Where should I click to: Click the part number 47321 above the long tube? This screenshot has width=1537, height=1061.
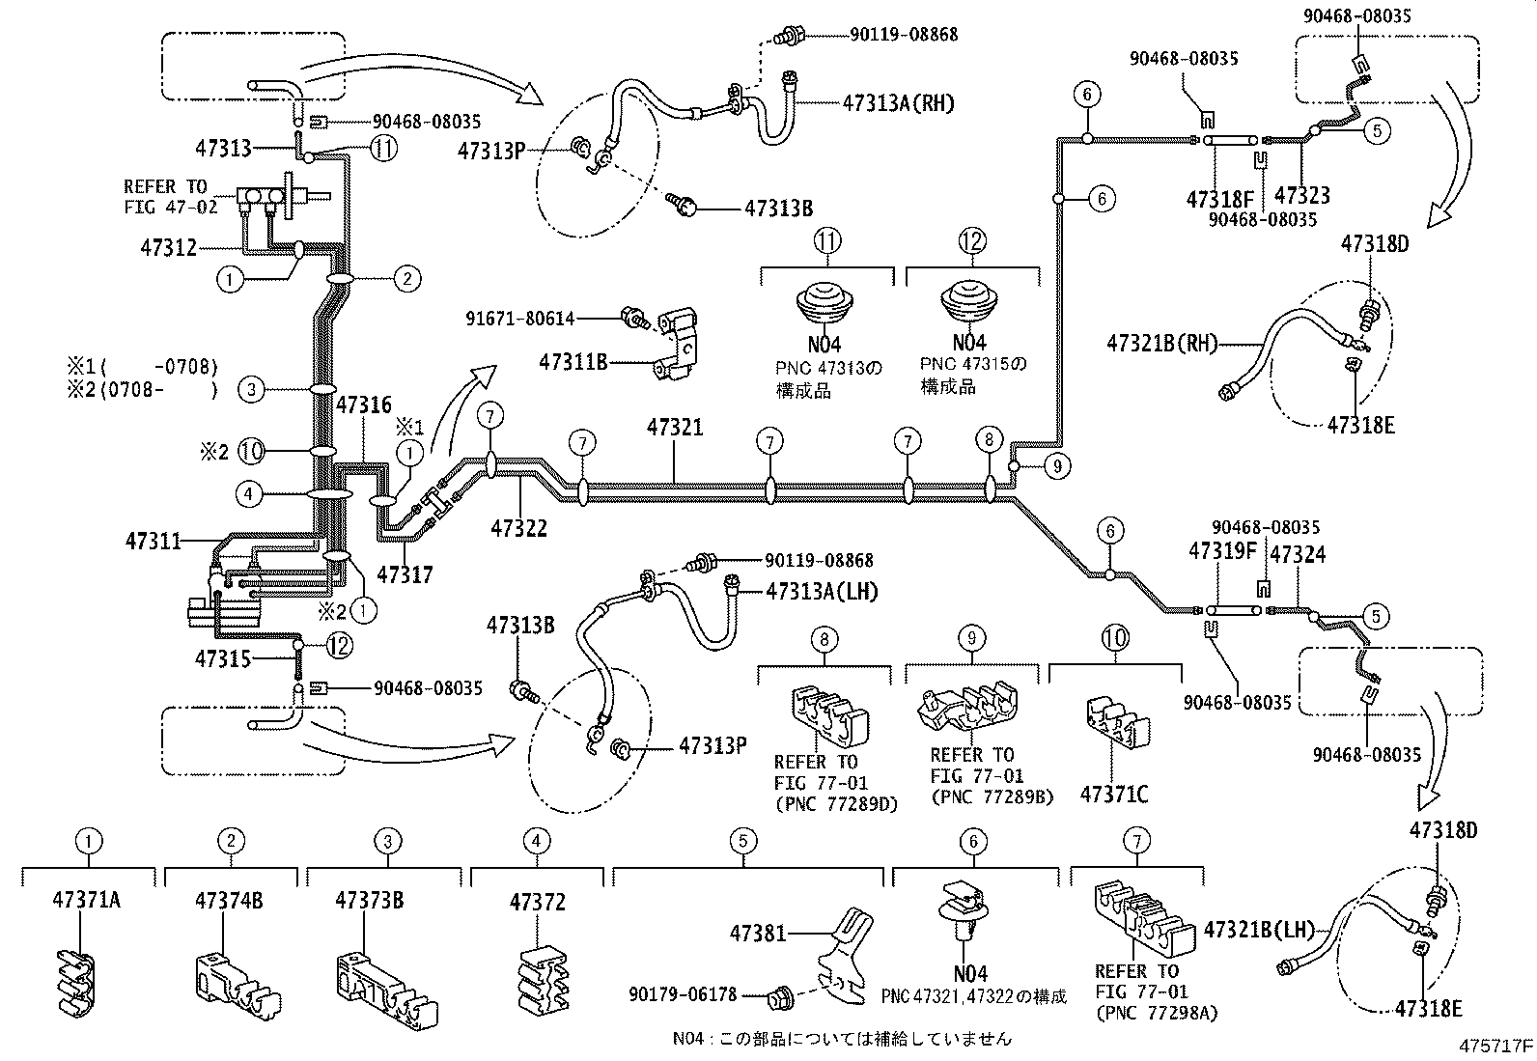(675, 428)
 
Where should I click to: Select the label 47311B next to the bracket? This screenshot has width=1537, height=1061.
(573, 362)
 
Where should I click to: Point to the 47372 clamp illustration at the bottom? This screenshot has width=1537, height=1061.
(538, 982)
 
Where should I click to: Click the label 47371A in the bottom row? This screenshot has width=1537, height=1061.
(86, 901)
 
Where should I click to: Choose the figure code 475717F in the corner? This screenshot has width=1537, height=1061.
(1495, 1046)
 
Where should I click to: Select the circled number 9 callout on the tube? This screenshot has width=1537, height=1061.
(1057, 466)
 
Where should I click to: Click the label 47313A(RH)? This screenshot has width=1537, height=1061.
(898, 103)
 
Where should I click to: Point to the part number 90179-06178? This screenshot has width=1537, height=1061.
(683, 993)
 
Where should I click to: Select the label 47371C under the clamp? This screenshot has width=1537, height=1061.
(1114, 795)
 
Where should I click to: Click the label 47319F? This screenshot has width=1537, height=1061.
(1223, 551)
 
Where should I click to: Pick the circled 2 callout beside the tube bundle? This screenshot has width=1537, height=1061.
(407, 279)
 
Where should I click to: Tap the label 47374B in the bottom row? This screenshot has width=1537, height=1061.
(229, 901)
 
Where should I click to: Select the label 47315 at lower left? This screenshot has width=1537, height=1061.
(224, 658)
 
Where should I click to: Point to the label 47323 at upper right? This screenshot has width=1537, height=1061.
(1302, 196)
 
